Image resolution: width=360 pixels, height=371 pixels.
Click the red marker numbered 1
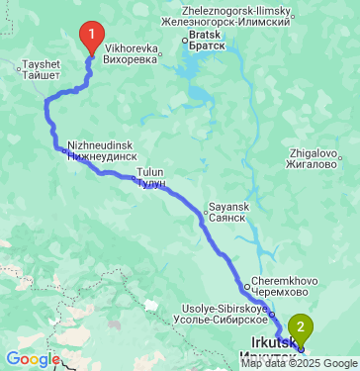coord(91,38)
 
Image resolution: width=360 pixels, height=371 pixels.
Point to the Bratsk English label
coord(206,35)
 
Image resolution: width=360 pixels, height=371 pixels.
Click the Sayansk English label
coord(225,209)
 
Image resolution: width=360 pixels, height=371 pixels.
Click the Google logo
coord(32,358)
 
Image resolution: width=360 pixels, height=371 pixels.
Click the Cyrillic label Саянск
coord(228,220)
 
